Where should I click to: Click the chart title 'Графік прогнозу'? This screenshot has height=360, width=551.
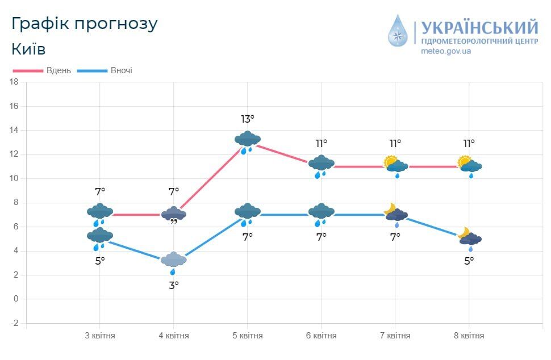point(84,24)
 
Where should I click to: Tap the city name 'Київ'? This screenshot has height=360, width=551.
point(28,49)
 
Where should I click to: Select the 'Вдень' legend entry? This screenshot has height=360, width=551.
point(59,70)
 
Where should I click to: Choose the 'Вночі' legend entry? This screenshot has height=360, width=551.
point(122,70)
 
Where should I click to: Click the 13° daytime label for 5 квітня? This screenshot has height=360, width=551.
point(248,119)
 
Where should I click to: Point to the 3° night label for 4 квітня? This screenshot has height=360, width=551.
point(174,285)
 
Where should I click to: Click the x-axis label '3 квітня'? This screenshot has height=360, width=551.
point(100,336)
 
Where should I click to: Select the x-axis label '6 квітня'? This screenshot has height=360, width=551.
point(322,336)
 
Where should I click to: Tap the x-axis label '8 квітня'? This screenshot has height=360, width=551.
point(469,336)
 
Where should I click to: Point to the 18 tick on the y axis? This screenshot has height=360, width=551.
point(14,82)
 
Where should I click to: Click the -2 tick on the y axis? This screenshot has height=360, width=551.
point(14,323)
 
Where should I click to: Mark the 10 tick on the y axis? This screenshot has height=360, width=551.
point(14,178)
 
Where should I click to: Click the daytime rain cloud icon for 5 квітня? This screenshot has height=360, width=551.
point(248,140)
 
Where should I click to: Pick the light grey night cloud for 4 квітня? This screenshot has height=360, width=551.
point(174,261)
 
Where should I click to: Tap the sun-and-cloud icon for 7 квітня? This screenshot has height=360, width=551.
point(395,165)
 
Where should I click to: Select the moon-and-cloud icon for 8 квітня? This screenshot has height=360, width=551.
point(469,237)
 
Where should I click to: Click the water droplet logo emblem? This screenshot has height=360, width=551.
point(398,31)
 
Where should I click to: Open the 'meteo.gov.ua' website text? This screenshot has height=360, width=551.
point(446,51)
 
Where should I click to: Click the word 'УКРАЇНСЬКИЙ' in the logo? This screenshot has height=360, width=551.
point(480,28)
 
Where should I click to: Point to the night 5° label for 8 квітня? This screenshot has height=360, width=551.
point(469,261)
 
